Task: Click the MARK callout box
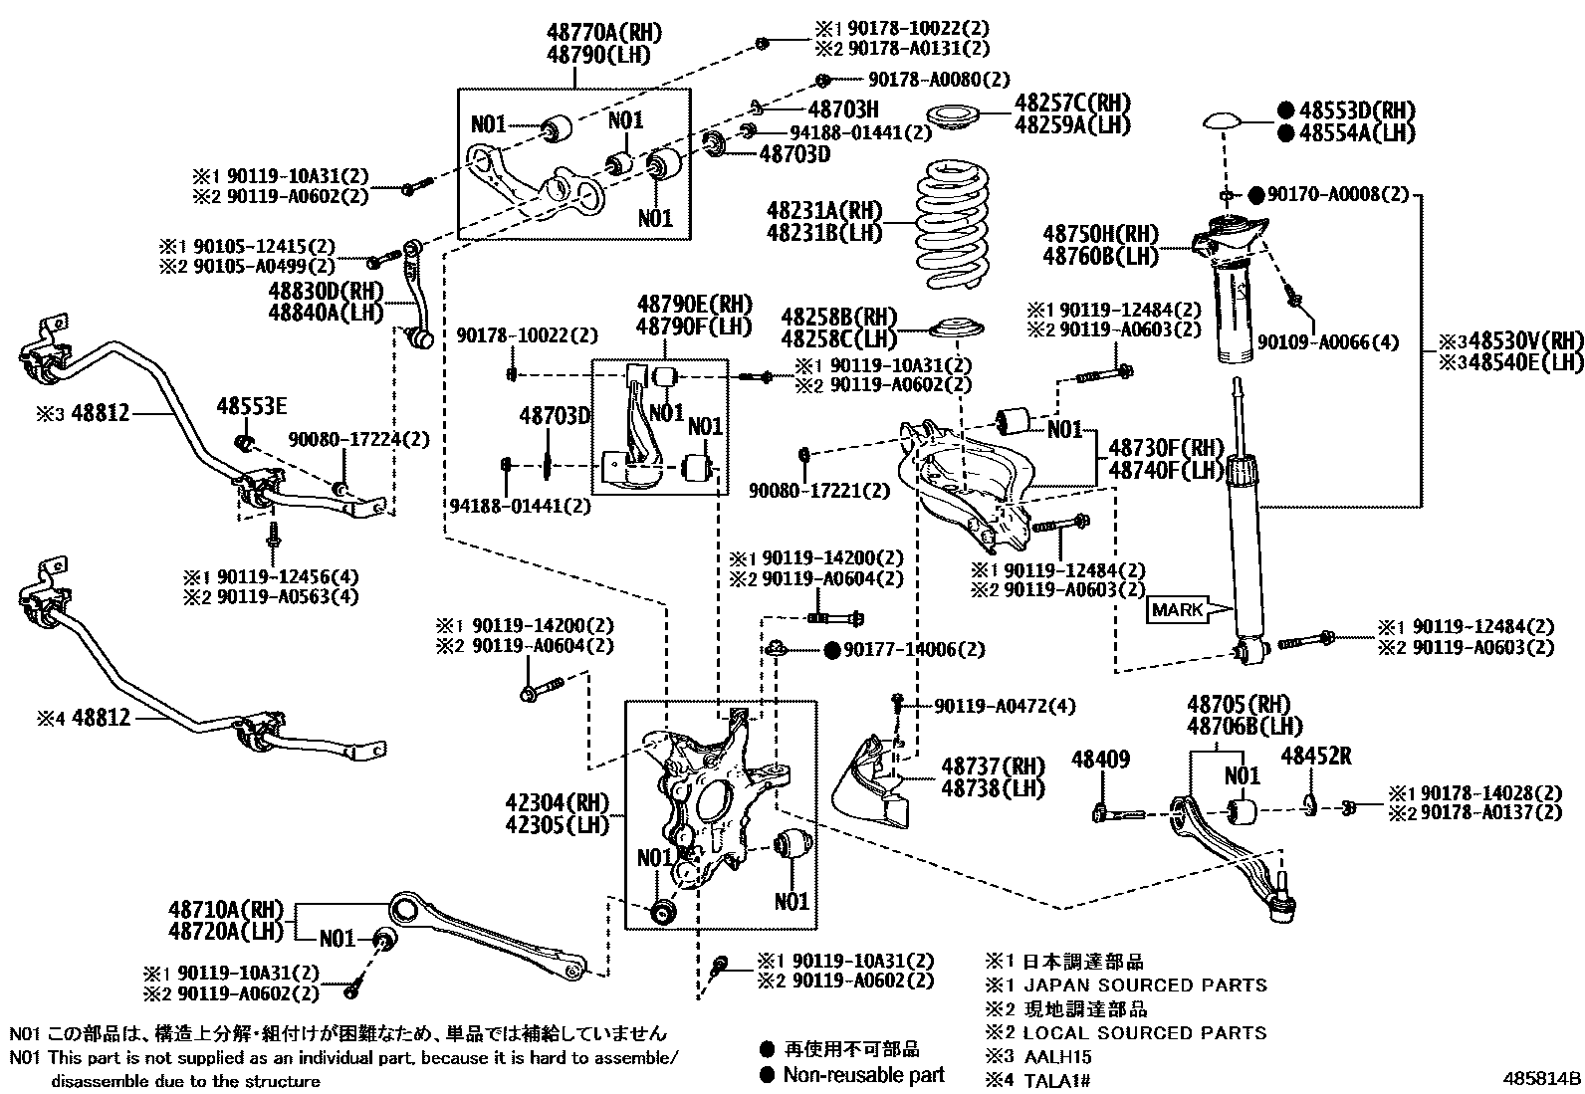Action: [1177, 609]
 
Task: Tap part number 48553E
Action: [252, 405]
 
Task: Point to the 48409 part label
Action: [1100, 761]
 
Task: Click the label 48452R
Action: [1315, 757]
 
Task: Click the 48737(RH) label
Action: [994, 766]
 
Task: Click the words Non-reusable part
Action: [863, 1074]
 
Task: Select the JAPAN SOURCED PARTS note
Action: [1145, 985]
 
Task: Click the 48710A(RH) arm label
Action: [226, 910]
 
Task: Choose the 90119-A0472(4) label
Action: [1006, 706]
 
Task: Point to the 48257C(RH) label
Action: [1073, 104]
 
